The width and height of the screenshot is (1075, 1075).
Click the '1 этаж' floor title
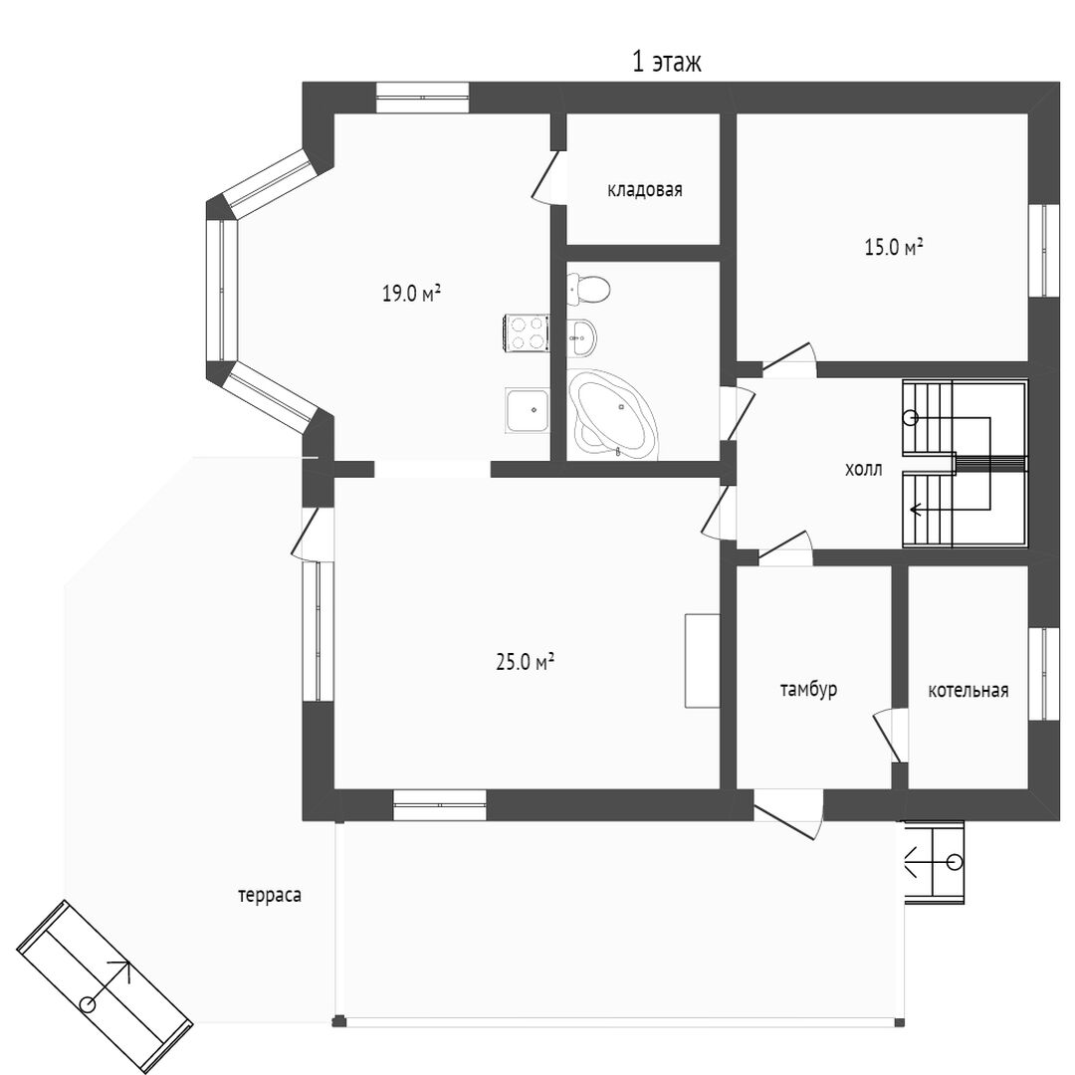(666, 63)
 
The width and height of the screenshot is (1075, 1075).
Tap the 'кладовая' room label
(644, 190)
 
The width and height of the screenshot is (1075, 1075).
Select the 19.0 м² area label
(411, 294)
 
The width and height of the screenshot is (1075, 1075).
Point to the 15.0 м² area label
(893, 247)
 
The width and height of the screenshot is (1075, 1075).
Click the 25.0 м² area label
(525, 662)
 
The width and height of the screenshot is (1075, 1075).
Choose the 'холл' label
(863, 470)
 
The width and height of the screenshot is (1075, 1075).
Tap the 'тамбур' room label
(809, 689)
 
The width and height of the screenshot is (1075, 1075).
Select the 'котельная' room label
(968, 691)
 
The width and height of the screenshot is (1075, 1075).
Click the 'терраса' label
(270, 896)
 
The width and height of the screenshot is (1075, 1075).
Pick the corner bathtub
(613, 414)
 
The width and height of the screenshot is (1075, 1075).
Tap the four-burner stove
(528, 332)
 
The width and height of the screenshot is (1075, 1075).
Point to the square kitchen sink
(528, 410)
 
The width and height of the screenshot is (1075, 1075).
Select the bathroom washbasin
(581, 337)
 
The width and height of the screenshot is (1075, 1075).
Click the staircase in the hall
(965, 464)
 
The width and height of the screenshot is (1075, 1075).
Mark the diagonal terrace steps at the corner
(105, 985)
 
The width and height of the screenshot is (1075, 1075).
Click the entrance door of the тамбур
(787, 814)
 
